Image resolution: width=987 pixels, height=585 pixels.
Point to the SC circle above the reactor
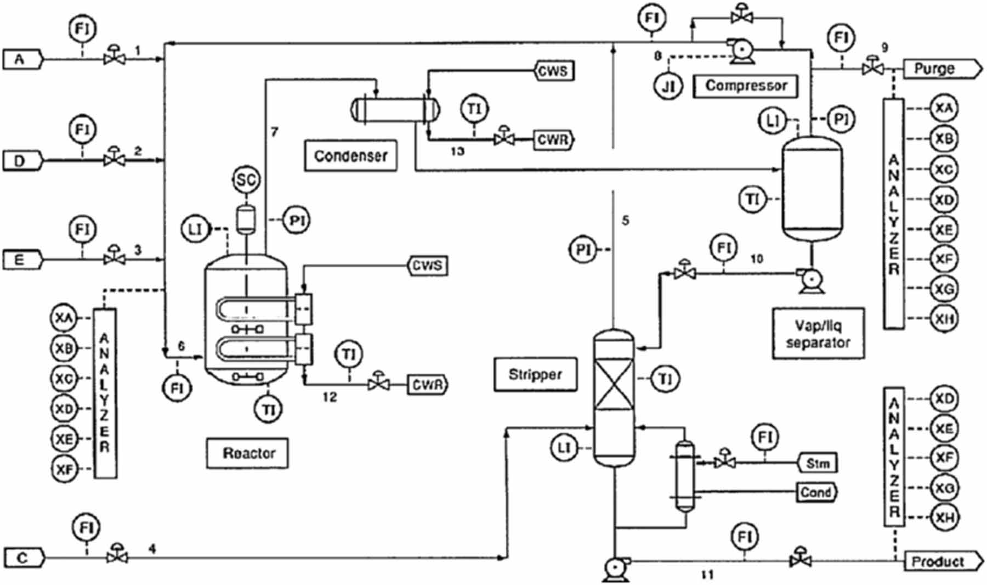tap(246, 180)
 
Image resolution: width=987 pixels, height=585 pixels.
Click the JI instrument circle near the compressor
tap(668, 86)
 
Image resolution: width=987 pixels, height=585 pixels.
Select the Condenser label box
tap(350, 156)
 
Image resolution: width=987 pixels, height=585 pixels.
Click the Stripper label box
tap(535, 375)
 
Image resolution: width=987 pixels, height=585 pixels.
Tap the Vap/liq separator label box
tap(818, 334)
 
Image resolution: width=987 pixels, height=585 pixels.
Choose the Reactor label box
tap(248, 453)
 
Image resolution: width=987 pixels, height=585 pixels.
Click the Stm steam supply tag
tap(817, 463)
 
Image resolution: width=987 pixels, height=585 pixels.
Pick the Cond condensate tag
tap(816, 492)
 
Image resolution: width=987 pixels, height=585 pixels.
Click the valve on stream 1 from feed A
tap(114, 57)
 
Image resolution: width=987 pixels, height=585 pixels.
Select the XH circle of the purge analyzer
tap(944, 319)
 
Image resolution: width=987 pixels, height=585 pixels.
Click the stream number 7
tap(275, 132)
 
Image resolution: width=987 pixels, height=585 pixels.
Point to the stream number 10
tap(756, 258)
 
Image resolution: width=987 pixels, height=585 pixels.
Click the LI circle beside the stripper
tap(564, 448)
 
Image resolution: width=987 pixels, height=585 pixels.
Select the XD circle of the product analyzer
tap(944, 399)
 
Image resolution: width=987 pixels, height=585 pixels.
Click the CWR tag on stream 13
tap(552, 140)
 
